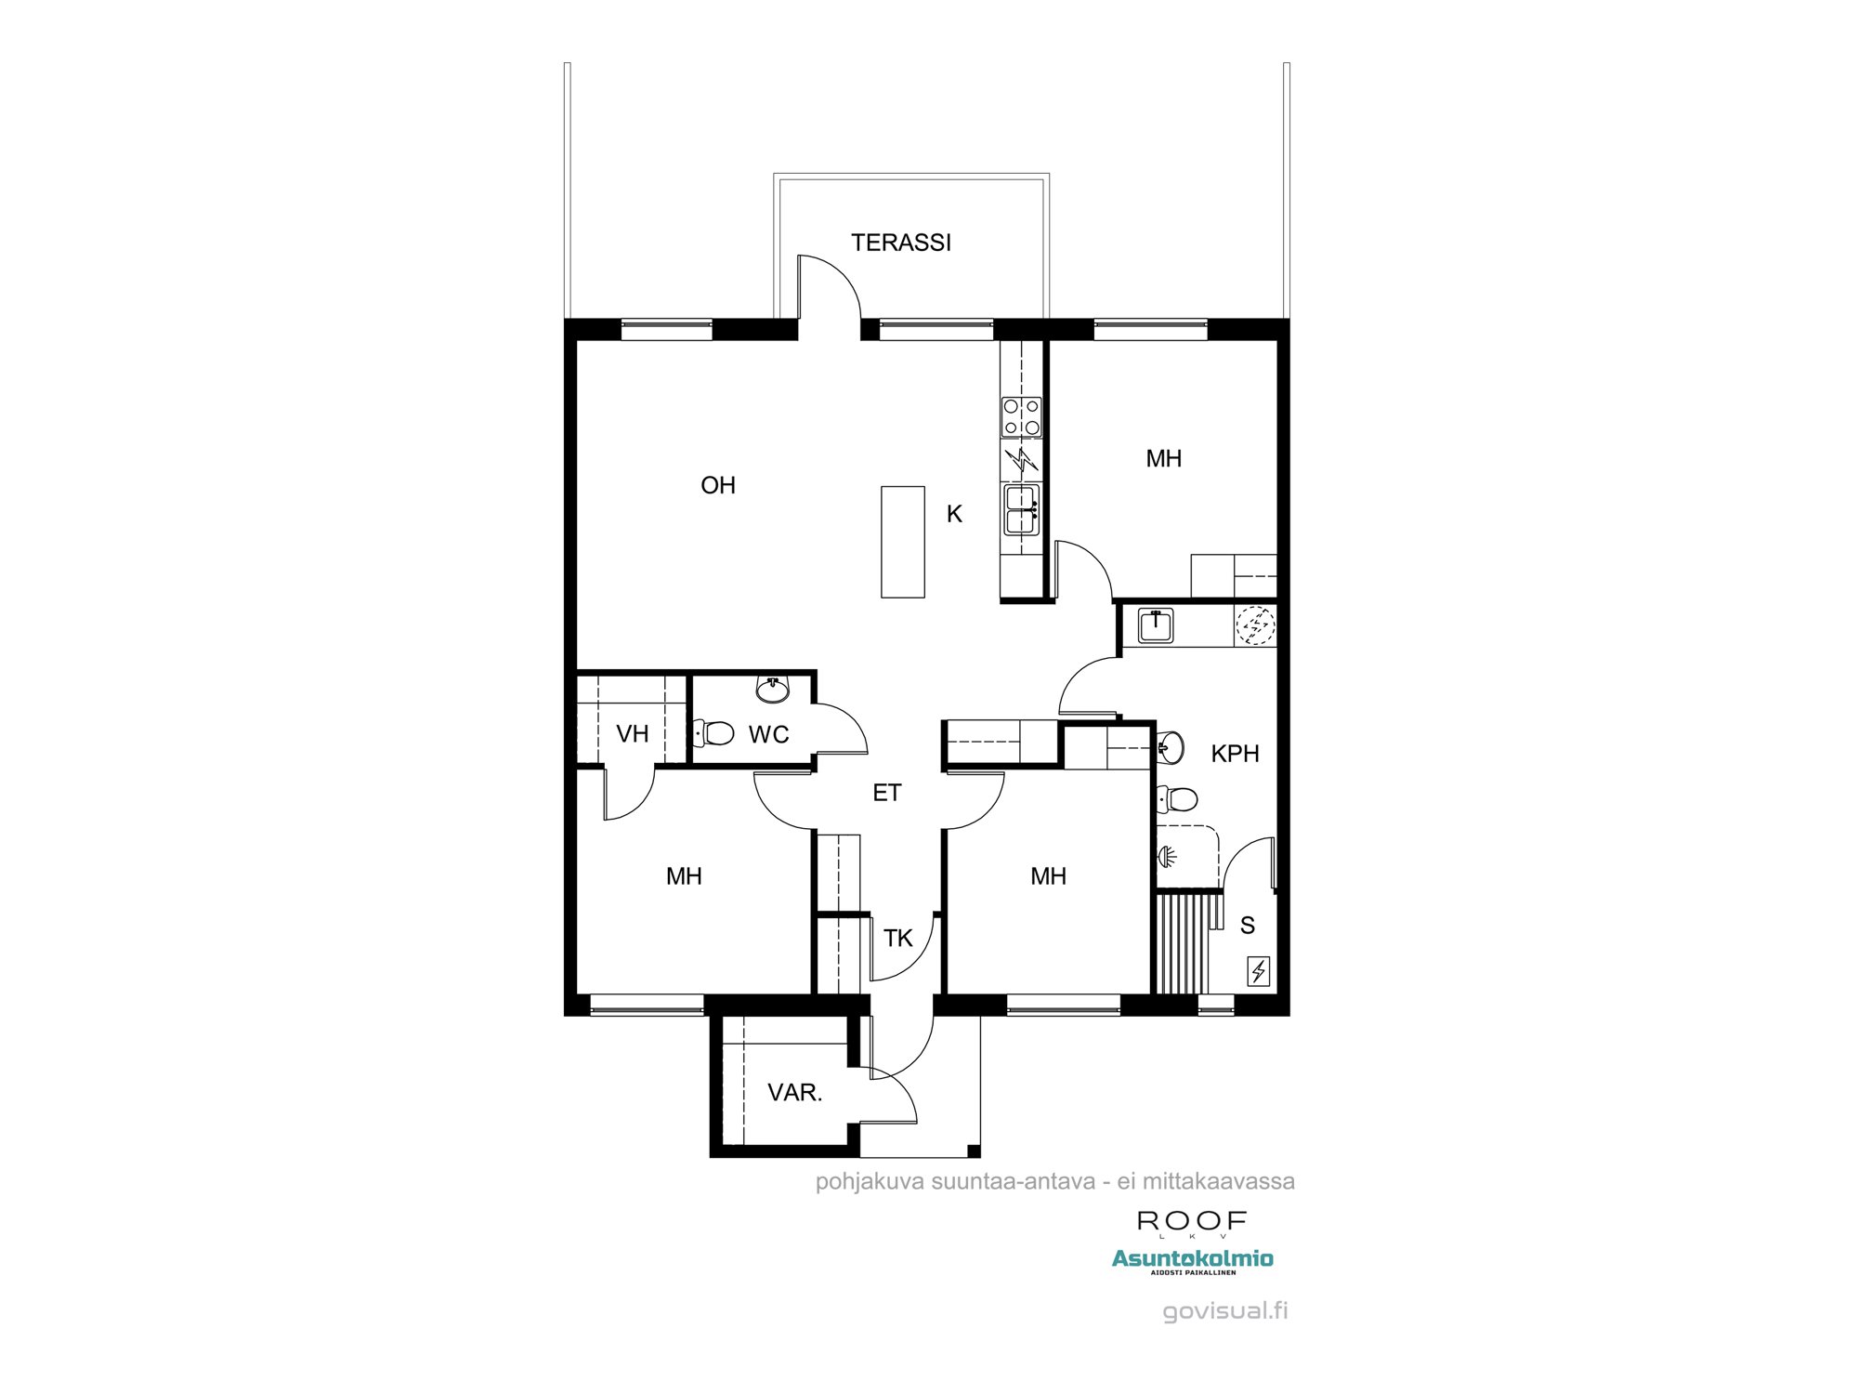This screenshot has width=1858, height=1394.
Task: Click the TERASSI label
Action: pyautogui.click(x=900, y=243)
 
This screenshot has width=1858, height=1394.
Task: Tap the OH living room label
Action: pyautogui.click(x=717, y=485)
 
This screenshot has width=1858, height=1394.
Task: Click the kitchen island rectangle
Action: pyautogui.click(x=902, y=542)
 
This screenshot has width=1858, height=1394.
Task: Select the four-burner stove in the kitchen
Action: pyautogui.click(x=1021, y=417)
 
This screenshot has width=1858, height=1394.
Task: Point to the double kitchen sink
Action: pyautogui.click(x=1021, y=510)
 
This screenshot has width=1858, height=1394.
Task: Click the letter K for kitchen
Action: pyautogui.click(x=954, y=514)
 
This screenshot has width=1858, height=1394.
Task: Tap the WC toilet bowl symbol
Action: pyautogui.click(x=715, y=732)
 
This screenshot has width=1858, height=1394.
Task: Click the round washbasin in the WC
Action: pyautogui.click(x=772, y=690)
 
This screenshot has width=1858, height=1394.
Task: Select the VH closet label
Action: pyautogui.click(x=632, y=734)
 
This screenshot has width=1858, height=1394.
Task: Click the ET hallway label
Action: pyautogui.click(x=886, y=793)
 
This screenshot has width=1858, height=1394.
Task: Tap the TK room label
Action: pyautogui.click(x=897, y=939)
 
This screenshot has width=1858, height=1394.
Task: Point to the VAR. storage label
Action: pyautogui.click(x=794, y=1093)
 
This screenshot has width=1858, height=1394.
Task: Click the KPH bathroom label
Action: pyautogui.click(x=1235, y=754)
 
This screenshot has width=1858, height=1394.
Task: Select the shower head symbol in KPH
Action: pyautogui.click(x=1167, y=855)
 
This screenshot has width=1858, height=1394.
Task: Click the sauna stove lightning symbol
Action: pyautogui.click(x=1259, y=971)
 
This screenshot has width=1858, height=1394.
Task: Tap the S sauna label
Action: pyautogui.click(x=1247, y=926)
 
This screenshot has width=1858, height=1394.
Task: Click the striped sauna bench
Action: pyautogui.click(x=1184, y=943)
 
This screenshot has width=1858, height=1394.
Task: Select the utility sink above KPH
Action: pyautogui.click(x=1155, y=625)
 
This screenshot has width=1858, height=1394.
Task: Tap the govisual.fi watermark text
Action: pyautogui.click(x=1224, y=1311)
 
